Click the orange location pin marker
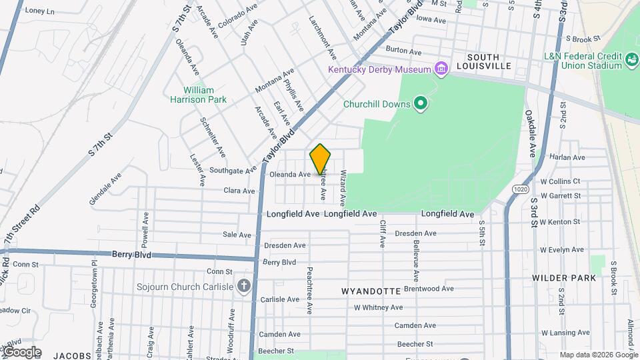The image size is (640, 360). [x=321, y=159]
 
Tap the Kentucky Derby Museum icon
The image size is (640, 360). [x=440, y=69]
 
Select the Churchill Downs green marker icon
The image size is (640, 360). [x=420, y=103]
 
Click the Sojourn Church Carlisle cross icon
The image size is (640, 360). [x=245, y=287]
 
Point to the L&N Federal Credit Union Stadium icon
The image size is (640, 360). [x=630, y=61]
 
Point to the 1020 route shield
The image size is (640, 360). [x=521, y=190]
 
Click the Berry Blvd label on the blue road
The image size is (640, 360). [x=131, y=255]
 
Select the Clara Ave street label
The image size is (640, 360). [x=239, y=191]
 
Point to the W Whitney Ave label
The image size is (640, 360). [x=378, y=307]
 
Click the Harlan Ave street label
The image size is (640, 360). [x=567, y=157]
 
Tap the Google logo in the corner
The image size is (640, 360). [x=21, y=352]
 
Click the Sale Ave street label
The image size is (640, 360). [x=237, y=235]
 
